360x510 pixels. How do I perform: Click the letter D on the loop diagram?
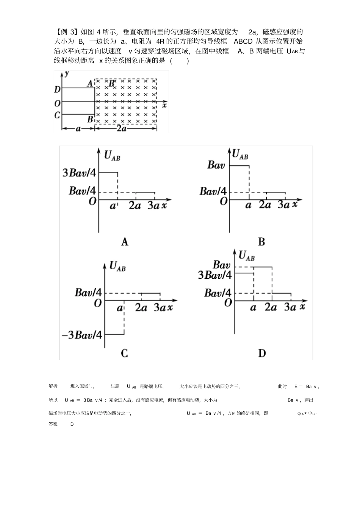tap(57, 89)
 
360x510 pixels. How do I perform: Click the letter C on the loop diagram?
tap(57, 115)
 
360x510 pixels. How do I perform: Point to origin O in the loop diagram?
tap(57, 103)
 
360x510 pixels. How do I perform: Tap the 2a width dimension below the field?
tap(121, 129)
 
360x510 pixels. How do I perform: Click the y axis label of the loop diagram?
tap(67, 74)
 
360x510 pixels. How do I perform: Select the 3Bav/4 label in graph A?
tap(80, 173)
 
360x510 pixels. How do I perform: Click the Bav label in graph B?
tap(216, 165)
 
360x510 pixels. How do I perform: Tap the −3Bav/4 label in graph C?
tap(82, 335)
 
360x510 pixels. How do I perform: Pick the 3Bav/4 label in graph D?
tap(215, 275)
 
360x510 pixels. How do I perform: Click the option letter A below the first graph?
tap(124, 242)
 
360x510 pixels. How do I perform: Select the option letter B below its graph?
tap(261, 242)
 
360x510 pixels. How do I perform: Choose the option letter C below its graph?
tap(124, 353)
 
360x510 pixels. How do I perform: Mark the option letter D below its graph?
tap(262, 353)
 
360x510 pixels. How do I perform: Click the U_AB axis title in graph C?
tap(117, 266)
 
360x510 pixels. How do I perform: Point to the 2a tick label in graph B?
tap(265, 205)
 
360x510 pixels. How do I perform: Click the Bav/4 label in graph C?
tap(88, 292)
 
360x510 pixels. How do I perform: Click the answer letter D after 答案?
tap(72, 424)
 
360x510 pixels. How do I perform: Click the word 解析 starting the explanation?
tap(53, 386)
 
